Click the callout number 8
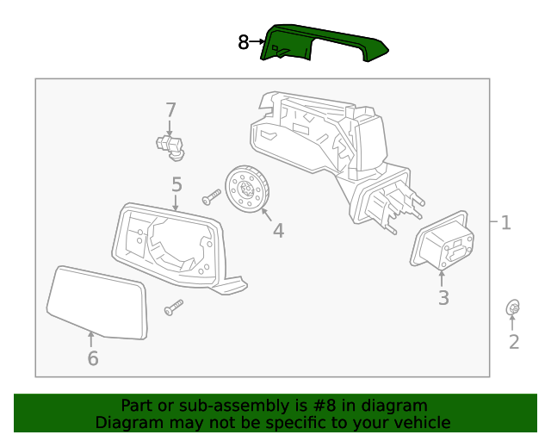tap(244, 41)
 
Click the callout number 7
tap(170, 109)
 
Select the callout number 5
tap(176, 183)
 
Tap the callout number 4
tap(278, 230)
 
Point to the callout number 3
tap(443, 298)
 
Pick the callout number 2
tap(514, 342)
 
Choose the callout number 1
tap(505, 223)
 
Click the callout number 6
tap(92, 358)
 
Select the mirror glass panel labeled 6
tap(96, 301)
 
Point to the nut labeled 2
tap(513, 308)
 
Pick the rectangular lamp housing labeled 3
tap(443, 245)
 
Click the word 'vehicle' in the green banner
tap(422, 422)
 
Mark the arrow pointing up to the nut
tap(513, 324)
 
